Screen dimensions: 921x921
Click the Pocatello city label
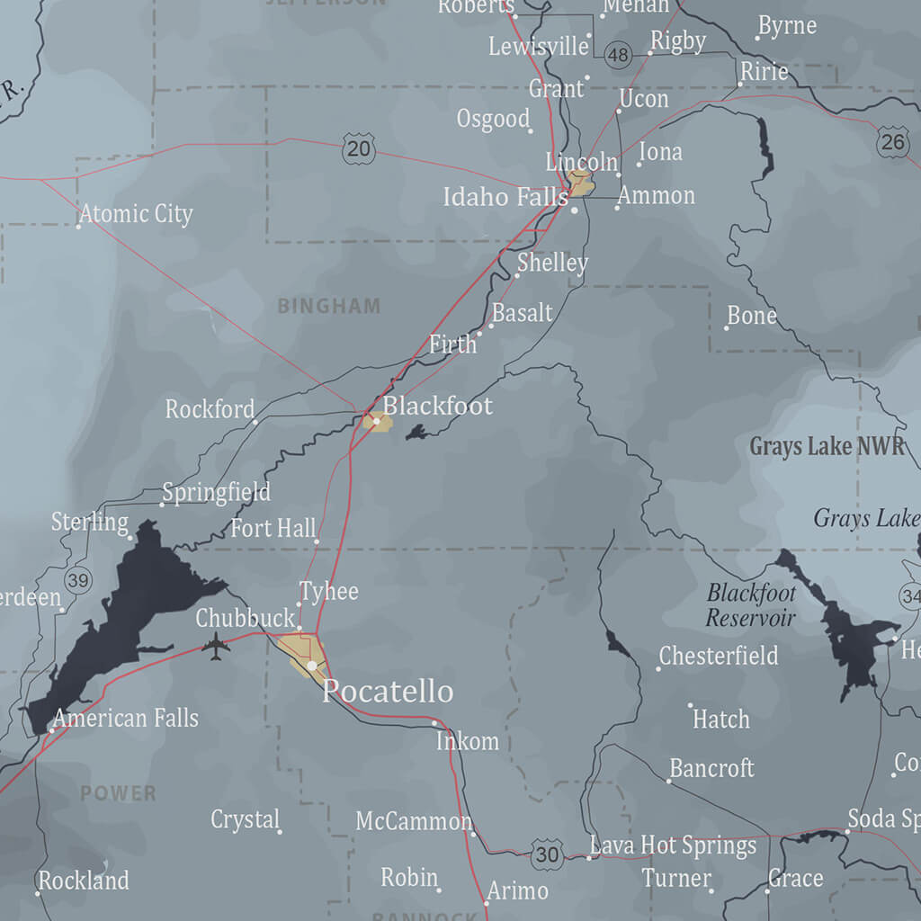[388, 691]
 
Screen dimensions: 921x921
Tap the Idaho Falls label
[505, 197]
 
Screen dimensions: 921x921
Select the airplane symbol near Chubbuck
[216, 646]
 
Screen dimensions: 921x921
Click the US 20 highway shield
[359, 148]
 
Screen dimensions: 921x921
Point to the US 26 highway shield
[892, 141]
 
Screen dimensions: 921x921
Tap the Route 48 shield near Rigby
[618, 55]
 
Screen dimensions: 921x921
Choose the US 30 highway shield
[547, 854]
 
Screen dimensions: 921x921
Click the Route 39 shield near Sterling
[78, 580]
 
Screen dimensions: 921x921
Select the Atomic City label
[136, 214]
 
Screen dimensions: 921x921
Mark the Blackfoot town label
[438, 406]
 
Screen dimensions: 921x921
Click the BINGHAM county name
[329, 306]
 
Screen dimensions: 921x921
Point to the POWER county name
[118, 793]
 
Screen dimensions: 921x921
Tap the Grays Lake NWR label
[827, 446]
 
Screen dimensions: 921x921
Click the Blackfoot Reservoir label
[751, 604]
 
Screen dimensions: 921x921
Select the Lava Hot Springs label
[673, 845]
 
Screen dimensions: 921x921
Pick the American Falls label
[126, 718]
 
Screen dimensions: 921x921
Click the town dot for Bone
[727, 327]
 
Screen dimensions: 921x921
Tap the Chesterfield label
[719, 656]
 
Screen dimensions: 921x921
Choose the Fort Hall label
[273, 528]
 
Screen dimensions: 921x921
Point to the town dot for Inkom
[434, 722]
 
